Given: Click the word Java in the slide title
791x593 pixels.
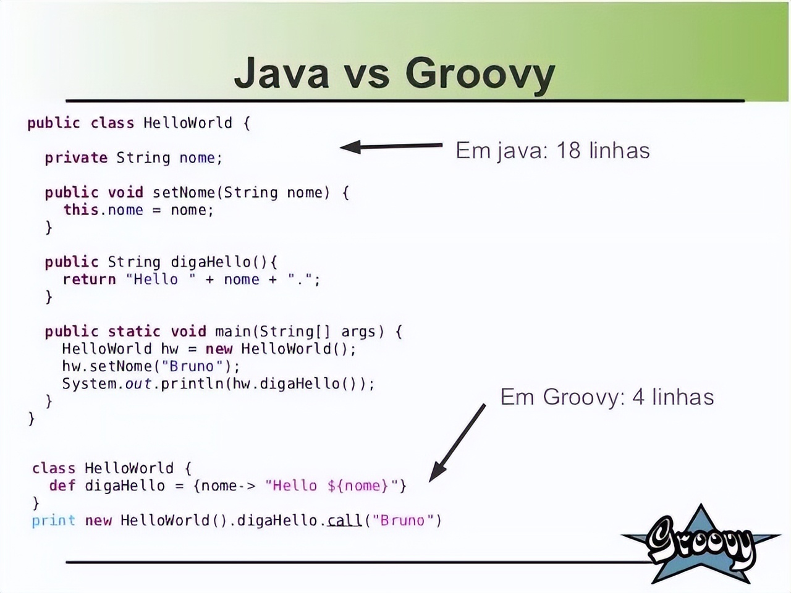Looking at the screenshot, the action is click(281, 72).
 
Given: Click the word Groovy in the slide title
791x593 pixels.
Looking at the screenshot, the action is click(480, 75).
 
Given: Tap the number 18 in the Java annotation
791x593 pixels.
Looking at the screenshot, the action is click(569, 150).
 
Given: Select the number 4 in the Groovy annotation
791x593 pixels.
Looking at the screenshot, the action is click(638, 397).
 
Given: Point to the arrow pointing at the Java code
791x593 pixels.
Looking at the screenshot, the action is click(391, 146).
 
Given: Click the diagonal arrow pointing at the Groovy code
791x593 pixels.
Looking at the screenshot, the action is click(457, 442).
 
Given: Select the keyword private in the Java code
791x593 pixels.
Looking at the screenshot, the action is click(76, 158).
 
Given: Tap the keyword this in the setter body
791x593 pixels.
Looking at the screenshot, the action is click(81, 209).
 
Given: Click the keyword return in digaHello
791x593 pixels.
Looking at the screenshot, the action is click(90, 279).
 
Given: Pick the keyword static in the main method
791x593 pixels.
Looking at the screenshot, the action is click(134, 331).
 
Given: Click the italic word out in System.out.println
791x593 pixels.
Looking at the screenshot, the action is click(138, 384).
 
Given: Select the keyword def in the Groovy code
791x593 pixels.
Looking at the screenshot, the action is click(62, 486).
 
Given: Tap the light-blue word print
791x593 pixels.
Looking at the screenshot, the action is click(54, 521).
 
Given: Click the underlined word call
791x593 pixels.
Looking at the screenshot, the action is click(344, 520).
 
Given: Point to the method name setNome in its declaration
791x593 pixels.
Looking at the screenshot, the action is click(184, 192).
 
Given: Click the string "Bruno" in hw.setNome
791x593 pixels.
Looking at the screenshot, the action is click(192, 366).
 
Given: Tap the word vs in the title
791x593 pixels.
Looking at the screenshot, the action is click(367, 77).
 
